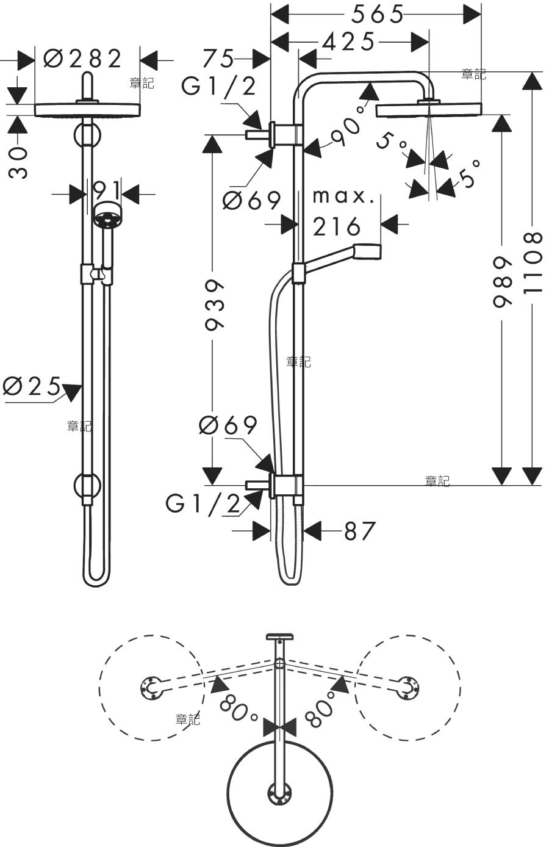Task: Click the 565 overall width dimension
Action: pos(378,15)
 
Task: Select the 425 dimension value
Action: pos(348,41)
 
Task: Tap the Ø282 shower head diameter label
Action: pos(82,59)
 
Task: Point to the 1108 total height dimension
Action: pos(533,263)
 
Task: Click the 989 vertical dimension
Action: pos(502,282)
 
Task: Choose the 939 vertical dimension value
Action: pos(214,305)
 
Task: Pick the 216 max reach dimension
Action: pos(337,227)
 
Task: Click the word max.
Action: pos(343,196)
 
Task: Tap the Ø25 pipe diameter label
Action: pos(32,386)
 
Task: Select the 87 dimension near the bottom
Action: pos(359,531)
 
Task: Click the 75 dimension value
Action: pos(218,59)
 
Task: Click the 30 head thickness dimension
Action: pos(18,162)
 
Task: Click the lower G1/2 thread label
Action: pos(203,503)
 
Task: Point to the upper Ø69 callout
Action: pos(252,200)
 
